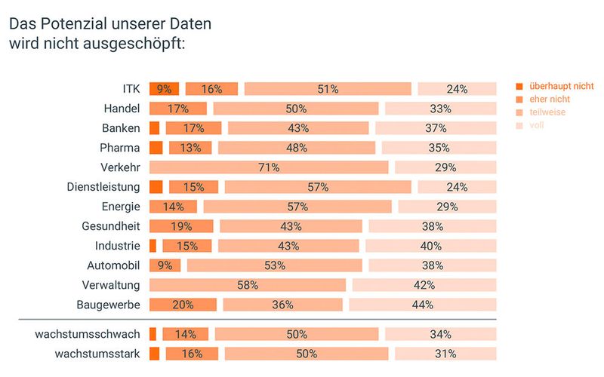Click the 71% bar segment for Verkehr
269,167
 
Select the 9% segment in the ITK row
164,89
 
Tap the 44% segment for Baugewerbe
423,305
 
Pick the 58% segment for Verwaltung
248,285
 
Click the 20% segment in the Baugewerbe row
183,305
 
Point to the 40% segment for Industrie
431,246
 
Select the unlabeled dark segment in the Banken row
155,128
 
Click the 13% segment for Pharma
190,148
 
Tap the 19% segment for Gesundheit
181,226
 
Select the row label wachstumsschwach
88,334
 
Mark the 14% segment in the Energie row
173,207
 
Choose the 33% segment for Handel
457,109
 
